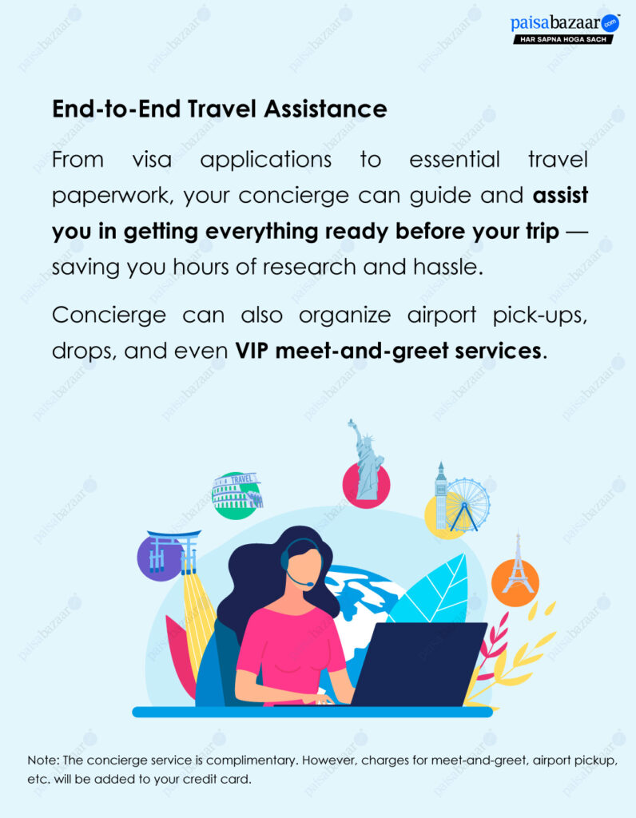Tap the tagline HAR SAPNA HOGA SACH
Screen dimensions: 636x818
(x=563, y=39)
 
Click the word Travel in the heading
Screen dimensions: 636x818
(x=222, y=109)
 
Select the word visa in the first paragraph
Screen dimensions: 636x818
(x=152, y=159)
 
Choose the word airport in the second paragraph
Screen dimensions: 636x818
(x=441, y=316)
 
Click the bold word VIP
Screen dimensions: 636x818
(x=252, y=351)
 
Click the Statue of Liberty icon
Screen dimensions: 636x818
(x=367, y=461)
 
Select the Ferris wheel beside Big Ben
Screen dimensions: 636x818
(x=467, y=503)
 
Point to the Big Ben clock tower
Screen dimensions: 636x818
(x=441, y=495)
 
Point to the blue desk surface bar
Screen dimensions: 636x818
(x=312, y=712)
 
